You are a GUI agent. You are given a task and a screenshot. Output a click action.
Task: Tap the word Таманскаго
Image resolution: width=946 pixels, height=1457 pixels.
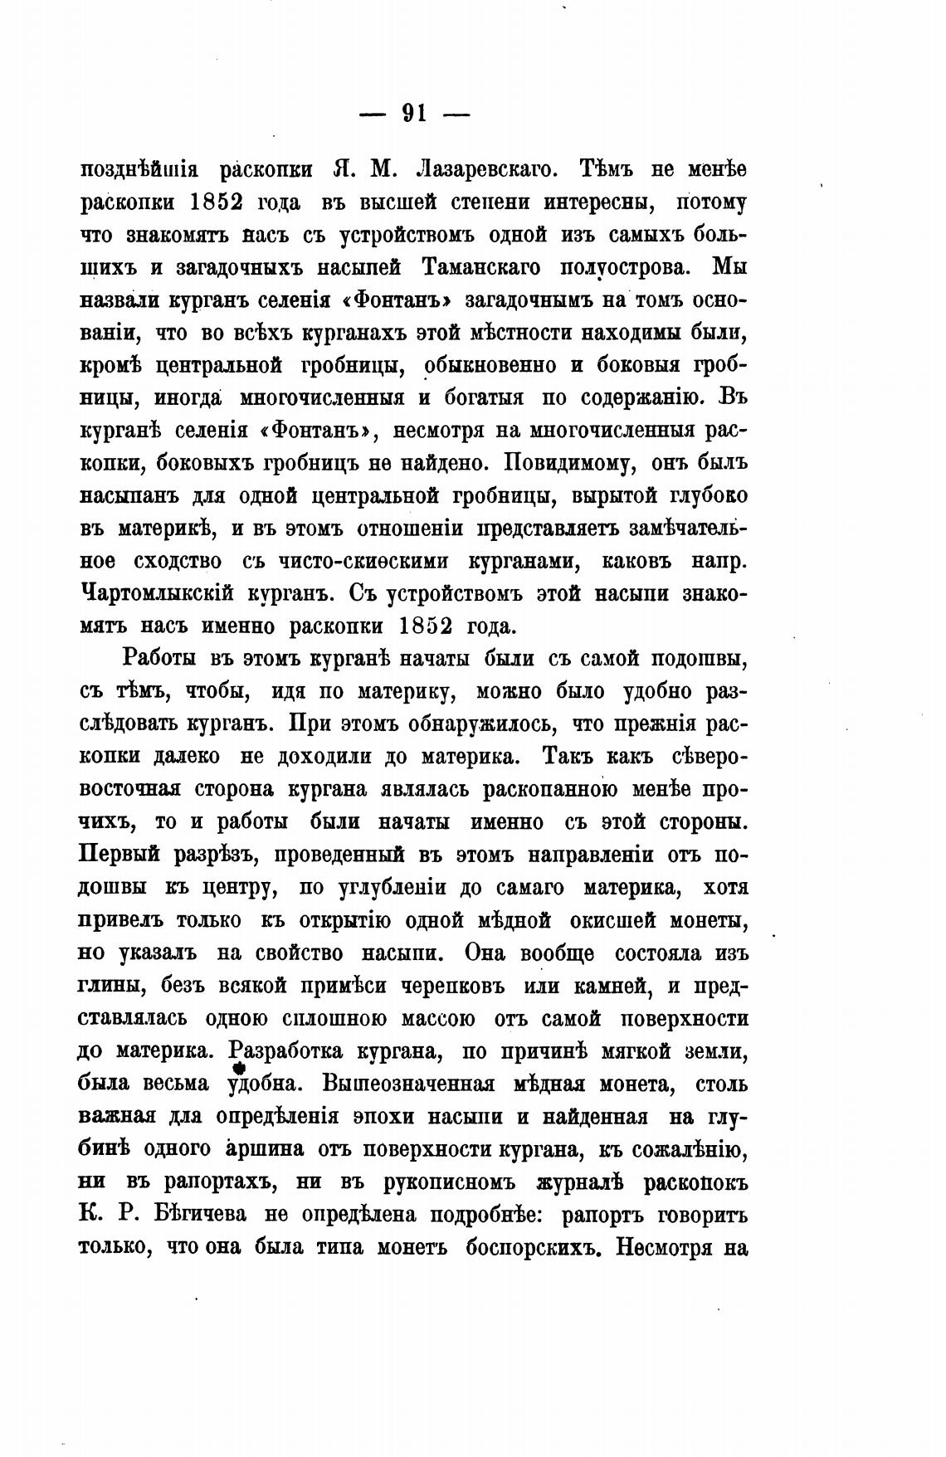[x=482, y=268]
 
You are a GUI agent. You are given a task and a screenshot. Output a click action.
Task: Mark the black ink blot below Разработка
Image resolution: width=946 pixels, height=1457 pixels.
[x=240, y=1070]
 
